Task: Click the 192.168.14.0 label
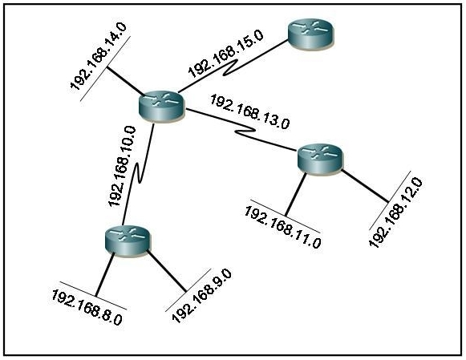point(99,56)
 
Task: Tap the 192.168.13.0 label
point(249,112)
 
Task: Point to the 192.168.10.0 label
point(122,166)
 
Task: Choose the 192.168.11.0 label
point(282,227)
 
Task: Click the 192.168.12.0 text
point(395,212)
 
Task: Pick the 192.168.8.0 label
point(87,307)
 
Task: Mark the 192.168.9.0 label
point(202,296)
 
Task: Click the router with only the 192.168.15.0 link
point(311,34)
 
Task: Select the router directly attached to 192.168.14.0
point(162,106)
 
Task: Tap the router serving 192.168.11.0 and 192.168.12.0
point(320,159)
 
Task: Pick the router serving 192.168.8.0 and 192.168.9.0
point(128,241)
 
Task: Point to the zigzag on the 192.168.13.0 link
point(245,131)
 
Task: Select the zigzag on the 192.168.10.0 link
point(139,172)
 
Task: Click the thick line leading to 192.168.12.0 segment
point(365,186)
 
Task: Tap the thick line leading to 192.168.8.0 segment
point(105,274)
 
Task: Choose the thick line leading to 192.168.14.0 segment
point(125,82)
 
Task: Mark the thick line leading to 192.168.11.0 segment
point(295,194)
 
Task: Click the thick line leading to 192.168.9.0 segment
point(167,271)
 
